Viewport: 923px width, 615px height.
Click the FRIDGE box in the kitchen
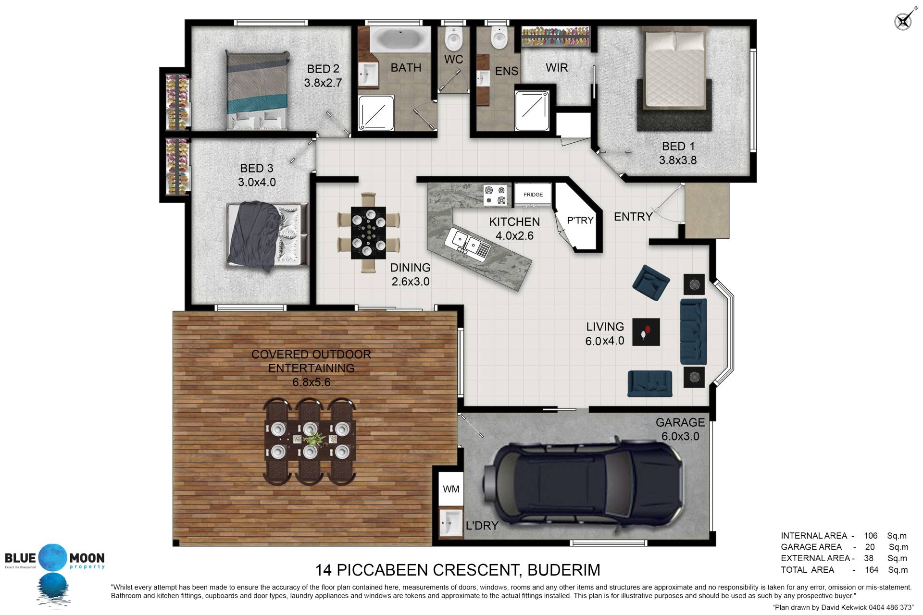click(x=533, y=195)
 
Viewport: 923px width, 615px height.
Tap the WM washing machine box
click(x=451, y=489)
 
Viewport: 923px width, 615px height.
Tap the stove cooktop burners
click(x=496, y=195)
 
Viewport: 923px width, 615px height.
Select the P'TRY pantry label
click(x=580, y=221)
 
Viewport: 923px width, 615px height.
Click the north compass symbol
click(x=903, y=21)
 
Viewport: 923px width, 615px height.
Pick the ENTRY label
click(x=633, y=217)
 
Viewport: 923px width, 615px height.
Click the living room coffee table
click(x=646, y=332)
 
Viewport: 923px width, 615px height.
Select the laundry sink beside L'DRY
click(x=450, y=524)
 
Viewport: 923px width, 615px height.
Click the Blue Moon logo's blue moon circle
click(x=54, y=558)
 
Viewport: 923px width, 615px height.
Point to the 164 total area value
click(x=871, y=570)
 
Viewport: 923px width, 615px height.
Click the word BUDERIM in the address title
click(x=564, y=570)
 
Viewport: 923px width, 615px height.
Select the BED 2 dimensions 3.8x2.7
click(x=323, y=83)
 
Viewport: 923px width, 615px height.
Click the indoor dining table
click(x=368, y=233)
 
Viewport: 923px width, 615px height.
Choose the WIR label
click(x=557, y=68)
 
